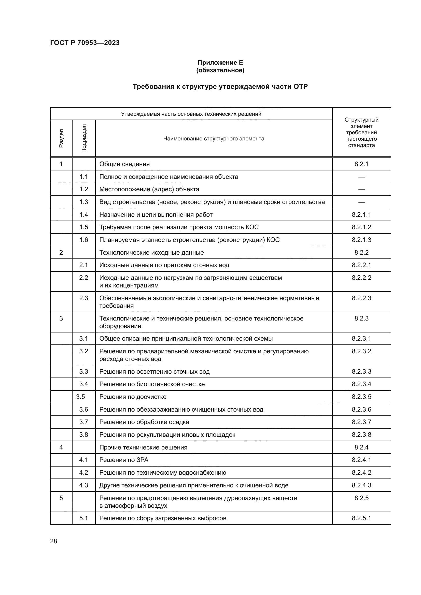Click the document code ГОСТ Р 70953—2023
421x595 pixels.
(85, 43)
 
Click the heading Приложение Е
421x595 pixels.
(220, 63)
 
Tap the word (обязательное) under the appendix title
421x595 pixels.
(220, 70)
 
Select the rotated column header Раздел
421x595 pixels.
(61, 138)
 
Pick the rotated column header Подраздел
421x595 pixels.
(84, 138)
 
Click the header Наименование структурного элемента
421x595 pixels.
(214, 139)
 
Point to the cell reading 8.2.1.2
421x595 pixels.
(361, 227)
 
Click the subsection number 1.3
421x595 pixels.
(84, 202)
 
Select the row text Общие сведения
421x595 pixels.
(124, 164)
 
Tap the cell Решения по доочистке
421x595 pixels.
(133, 397)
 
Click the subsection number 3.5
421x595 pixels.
(81, 397)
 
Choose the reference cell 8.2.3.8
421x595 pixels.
(361, 434)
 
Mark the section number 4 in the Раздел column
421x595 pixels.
(61, 447)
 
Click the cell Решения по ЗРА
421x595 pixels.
(124, 460)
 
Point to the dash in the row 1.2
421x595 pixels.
(361, 190)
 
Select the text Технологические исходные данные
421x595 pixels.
(151, 252)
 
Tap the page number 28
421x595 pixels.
(54, 541)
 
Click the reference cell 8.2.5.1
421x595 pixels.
(361, 518)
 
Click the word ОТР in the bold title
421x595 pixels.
(300, 86)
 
